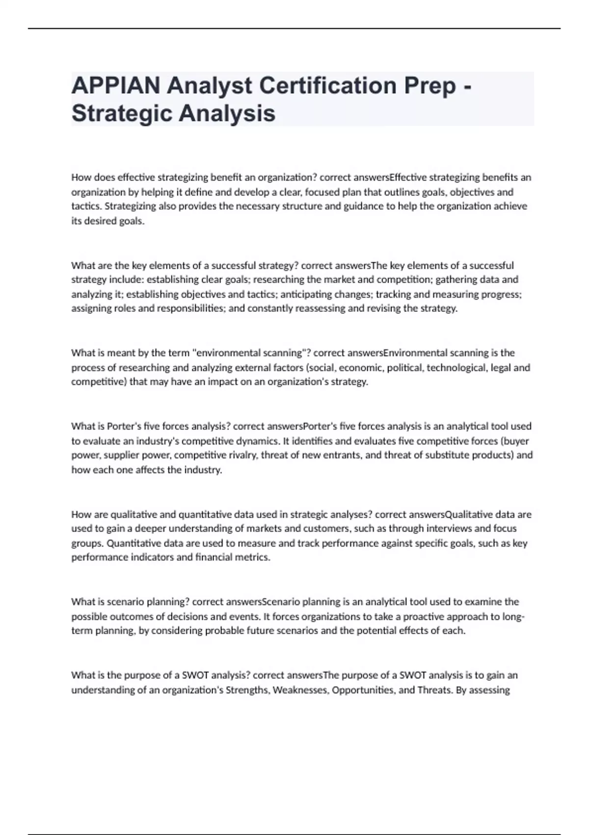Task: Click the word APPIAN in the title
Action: [x=116, y=86]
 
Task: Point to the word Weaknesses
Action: [x=300, y=690]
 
